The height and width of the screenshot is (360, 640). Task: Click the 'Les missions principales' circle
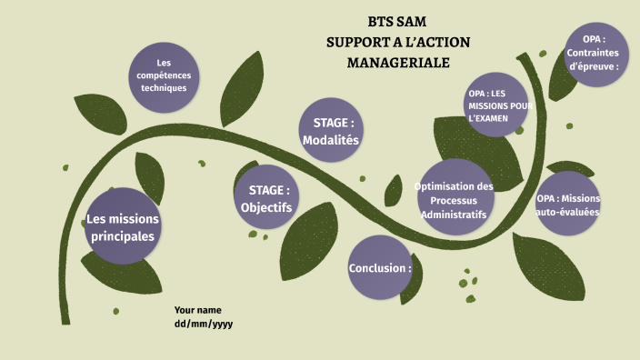pyautogui.click(x=122, y=226)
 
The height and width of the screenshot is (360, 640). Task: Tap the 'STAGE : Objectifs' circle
pyautogui.click(x=266, y=198)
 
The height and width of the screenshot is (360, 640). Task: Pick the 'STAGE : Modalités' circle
pyautogui.click(x=331, y=131)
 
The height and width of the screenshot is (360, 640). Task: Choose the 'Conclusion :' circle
pyautogui.click(x=380, y=268)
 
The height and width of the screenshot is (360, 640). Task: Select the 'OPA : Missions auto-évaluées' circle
pyautogui.click(x=568, y=204)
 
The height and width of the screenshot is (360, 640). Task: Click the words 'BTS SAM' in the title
pyautogui.click(x=397, y=22)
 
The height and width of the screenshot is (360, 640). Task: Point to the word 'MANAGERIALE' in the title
pyautogui.click(x=398, y=63)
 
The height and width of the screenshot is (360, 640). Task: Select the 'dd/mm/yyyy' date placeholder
pyautogui.click(x=204, y=324)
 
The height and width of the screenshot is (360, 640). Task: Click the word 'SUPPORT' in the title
pyautogui.click(x=359, y=42)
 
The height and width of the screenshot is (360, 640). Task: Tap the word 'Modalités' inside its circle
pyautogui.click(x=331, y=141)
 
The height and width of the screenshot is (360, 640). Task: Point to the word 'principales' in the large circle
pyautogui.click(x=122, y=236)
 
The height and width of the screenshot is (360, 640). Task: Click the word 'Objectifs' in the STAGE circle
pyautogui.click(x=266, y=207)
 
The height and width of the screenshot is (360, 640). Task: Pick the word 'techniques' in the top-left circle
pyautogui.click(x=164, y=88)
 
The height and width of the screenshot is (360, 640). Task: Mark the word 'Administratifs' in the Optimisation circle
pyautogui.click(x=454, y=215)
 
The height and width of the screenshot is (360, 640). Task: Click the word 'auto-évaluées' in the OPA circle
pyautogui.click(x=568, y=212)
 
